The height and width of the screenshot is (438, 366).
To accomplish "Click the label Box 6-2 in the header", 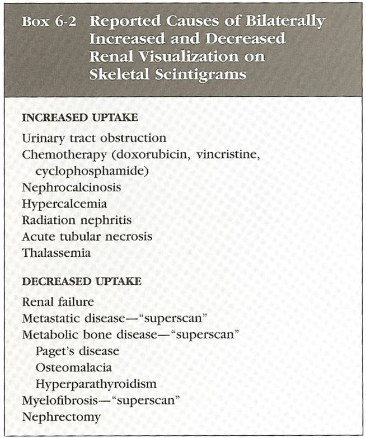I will pyautogui.click(x=51, y=22).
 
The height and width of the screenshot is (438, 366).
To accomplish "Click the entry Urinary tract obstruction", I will pyautogui.click(x=94, y=138).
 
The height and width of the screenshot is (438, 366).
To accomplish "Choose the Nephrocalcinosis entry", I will pyautogui.click(x=72, y=187).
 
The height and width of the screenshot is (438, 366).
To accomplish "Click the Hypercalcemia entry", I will pyautogui.click(x=64, y=204).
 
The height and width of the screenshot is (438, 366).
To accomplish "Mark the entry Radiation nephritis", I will pyautogui.click(x=77, y=220).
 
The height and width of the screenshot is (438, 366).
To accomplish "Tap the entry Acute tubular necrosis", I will pyautogui.click(x=87, y=236).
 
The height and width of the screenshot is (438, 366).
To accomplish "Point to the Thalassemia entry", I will pyautogui.click(x=57, y=253).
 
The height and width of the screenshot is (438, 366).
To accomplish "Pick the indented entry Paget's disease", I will pyautogui.click(x=77, y=351).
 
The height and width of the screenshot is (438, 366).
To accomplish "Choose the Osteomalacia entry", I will pyautogui.click(x=73, y=368).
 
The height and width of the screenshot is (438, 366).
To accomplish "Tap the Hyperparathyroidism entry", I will pyautogui.click(x=95, y=384).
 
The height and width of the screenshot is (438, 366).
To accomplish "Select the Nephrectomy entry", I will pyautogui.click(x=62, y=417).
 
